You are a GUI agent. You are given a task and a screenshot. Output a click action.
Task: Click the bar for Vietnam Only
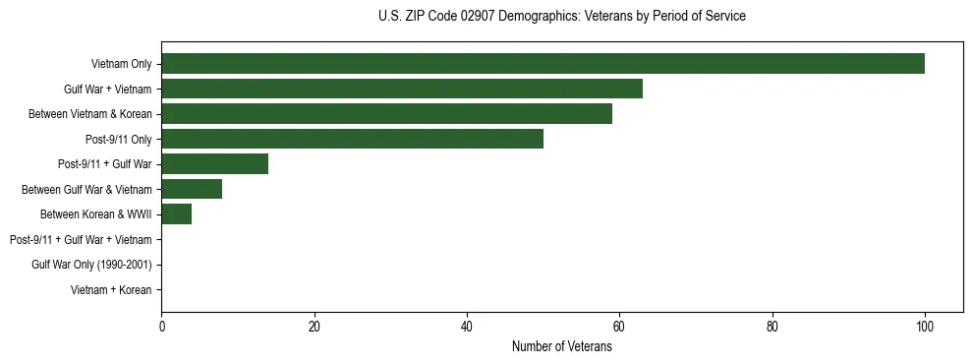tap(543, 64)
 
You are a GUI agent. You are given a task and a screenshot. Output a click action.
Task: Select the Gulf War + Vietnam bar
tap(402, 89)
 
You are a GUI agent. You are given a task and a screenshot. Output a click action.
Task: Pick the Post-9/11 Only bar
tap(352, 139)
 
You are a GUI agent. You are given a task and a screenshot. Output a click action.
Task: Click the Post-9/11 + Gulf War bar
tap(214, 164)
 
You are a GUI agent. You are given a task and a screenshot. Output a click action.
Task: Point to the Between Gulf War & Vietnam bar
tap(192, 189)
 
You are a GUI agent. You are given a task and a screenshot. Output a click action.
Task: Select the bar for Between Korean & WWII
tap(176, 214)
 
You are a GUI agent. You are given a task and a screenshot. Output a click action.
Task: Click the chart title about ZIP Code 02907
tap(561, 17)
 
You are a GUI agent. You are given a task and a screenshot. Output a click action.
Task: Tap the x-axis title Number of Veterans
tap(561, 346)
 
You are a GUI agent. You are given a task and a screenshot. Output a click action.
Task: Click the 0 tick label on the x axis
tap(161, 327)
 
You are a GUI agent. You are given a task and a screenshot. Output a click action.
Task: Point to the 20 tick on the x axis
tap(314, 327)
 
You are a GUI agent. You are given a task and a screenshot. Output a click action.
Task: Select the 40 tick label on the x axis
tap(467, 327)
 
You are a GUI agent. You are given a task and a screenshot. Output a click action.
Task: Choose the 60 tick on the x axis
tap(619, 327)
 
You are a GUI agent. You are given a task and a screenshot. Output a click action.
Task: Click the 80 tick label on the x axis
tap(773, 327)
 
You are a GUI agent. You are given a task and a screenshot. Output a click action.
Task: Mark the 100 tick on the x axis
tap(925, 327)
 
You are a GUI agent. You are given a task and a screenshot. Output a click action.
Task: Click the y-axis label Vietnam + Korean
tap(111, 290)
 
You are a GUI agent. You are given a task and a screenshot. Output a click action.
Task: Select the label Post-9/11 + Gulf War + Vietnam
tap(81, 240)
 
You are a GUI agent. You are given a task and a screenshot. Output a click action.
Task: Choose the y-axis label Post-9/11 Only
tap(118, 140)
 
